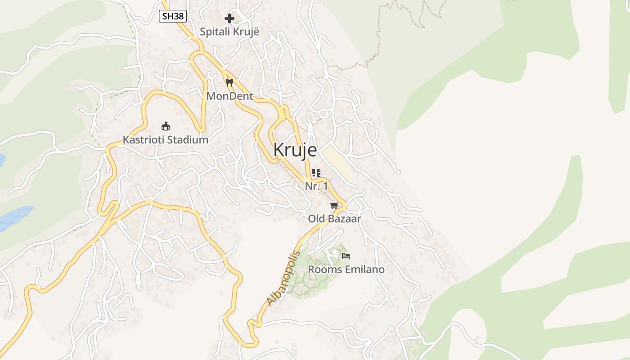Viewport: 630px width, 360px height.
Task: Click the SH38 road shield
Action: click(173, 17)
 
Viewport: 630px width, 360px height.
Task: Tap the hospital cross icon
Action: click(229, 18)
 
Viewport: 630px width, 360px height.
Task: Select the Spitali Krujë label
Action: click(229, 32)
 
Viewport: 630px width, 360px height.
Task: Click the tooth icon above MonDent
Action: click(229, 83)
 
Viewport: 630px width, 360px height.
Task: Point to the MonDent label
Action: click(229, 96)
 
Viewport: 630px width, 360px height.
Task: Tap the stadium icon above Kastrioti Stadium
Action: click(166, 126)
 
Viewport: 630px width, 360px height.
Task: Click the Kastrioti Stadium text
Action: click(166, 140)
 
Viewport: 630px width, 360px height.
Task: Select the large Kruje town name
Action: click(295, 150)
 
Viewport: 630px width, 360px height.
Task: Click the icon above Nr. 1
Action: click(316, 173)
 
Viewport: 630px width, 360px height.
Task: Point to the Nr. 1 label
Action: click(316, 186)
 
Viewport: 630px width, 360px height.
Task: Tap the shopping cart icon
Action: click(334, 206)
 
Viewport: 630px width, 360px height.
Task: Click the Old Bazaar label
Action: click(334, 219)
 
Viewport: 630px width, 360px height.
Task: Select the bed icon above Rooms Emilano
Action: click(346, 256)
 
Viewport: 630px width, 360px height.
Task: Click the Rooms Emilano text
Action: click(346, 270)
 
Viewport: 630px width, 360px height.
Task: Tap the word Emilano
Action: click(364, 270)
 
